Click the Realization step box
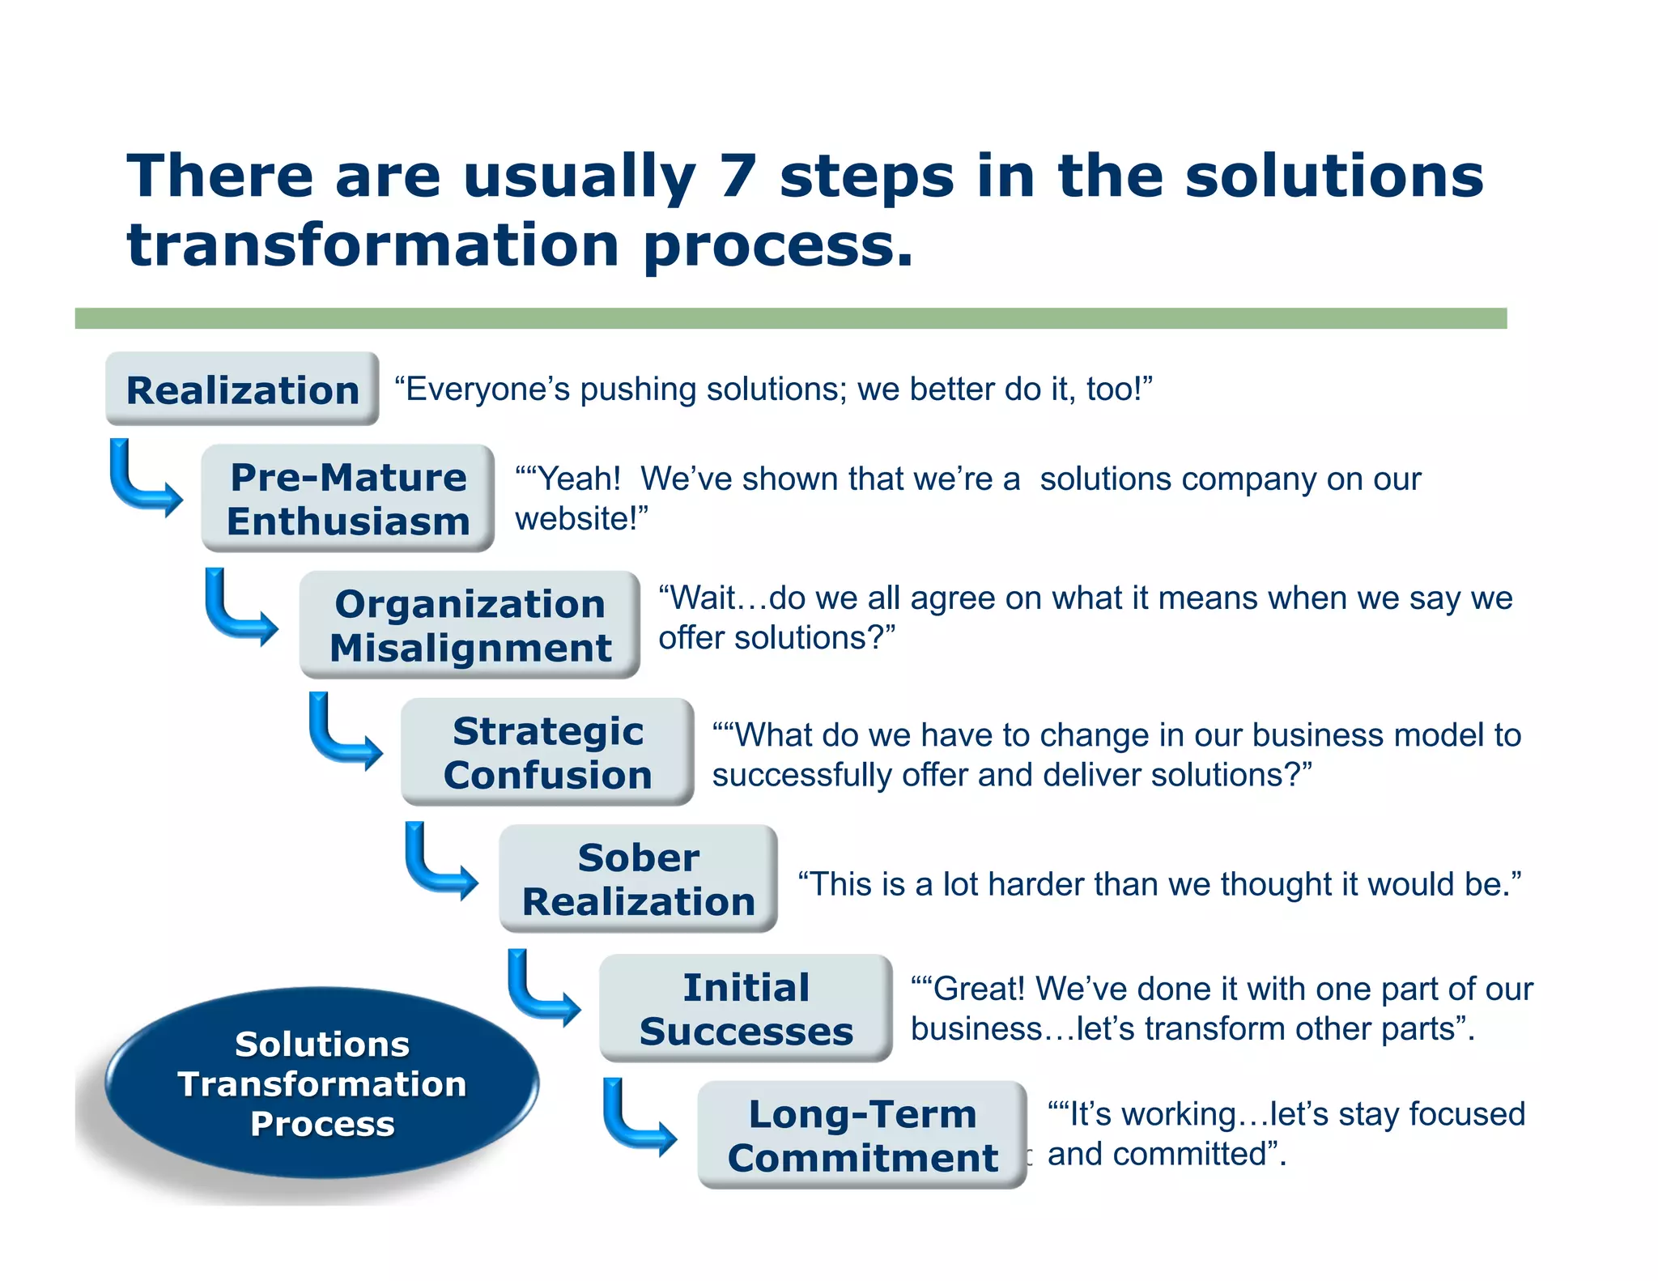pyautogui.click(x=242, y=389)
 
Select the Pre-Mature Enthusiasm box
pyautogui.click(x=348, y=498)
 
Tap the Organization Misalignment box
pyautogui.click(x=470, y=624)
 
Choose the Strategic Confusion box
pyautogui.click(x=547, y=751)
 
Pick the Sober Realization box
pyautogui.click(x=638, y=879)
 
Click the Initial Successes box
pyautogui.click(x=746, y=1008)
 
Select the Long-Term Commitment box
pyautogui.click(x=862, y=1134)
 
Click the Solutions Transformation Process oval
pyautogui.click(x=321, y=1083)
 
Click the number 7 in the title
pyautogui.click(x=737, y=176)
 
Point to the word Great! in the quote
pyautogui.click(x=980, y=989)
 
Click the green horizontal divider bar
pyautogui.click(x=790, y=318)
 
